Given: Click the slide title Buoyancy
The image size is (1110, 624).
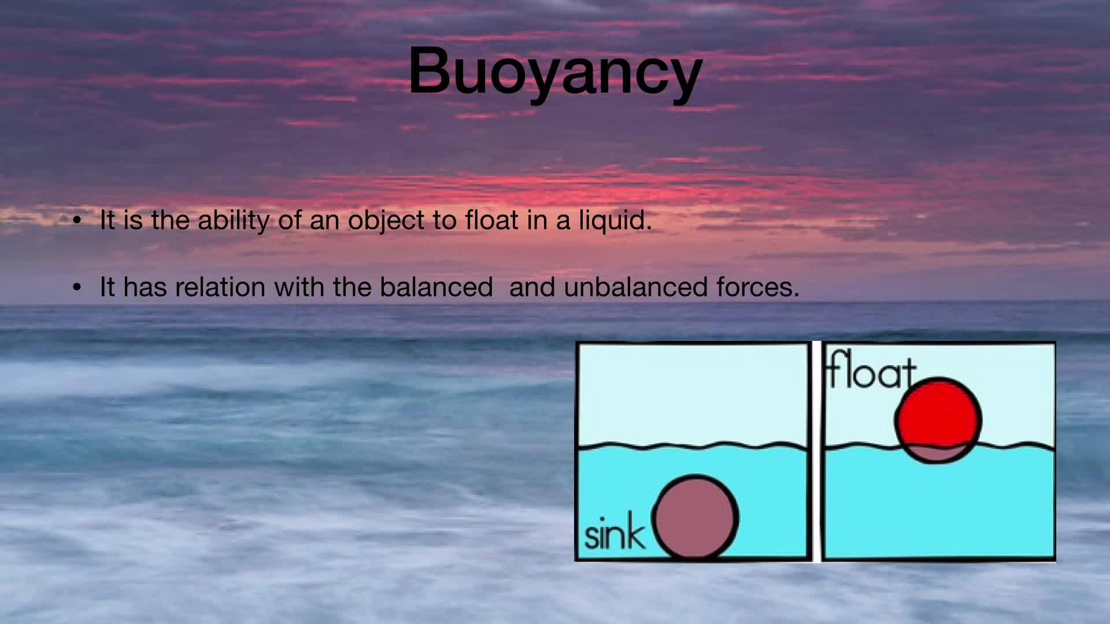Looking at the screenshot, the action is click(555, 72).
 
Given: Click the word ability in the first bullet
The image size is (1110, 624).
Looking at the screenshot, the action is click(233, 220).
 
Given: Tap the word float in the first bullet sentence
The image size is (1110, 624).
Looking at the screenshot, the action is click(491, 220).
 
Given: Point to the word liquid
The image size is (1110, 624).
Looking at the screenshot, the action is click(616, 221).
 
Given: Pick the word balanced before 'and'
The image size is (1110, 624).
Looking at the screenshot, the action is click(436, 287).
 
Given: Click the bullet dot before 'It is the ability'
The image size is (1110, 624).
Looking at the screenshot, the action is click(78, 221).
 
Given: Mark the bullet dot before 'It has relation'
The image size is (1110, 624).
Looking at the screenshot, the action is click(78, 288).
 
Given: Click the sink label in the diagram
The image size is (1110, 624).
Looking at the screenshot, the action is click(615, 534).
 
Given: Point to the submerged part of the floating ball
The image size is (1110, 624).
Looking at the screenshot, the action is click(938, 454).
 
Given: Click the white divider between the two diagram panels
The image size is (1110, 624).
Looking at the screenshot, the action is click(816, 451).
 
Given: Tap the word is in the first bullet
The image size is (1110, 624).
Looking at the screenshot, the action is click(133, 220).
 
